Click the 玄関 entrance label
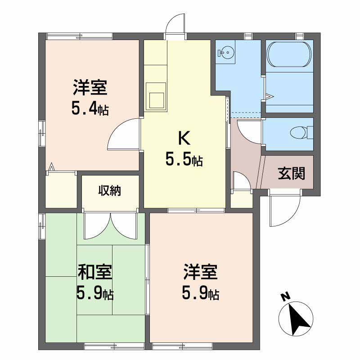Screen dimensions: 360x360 [291, 173]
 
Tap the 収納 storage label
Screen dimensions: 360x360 [110, 191]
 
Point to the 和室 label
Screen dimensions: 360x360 [95, 273]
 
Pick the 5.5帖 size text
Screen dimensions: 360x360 [184, 160]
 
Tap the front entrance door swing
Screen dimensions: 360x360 [283, 209]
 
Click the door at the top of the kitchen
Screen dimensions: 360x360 [176, 25]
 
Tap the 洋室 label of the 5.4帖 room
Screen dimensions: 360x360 [90, 87]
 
